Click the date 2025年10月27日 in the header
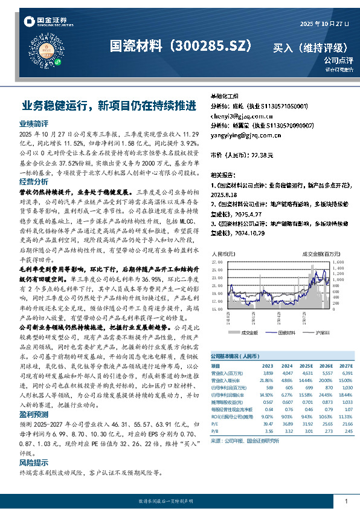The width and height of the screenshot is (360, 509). pyautogui.click(x=324, y=24)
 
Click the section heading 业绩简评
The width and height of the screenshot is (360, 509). pyautogui.click(x=33, y=123)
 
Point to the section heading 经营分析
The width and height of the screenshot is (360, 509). pyautogui.click(x=33, y=181)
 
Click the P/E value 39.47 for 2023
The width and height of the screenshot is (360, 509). pyautogui.click(x=269, y=424)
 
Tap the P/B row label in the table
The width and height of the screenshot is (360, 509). pyautogui.click(x=214, y=431)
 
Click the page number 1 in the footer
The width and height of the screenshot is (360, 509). pyautogui.click(x=346, y=501)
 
